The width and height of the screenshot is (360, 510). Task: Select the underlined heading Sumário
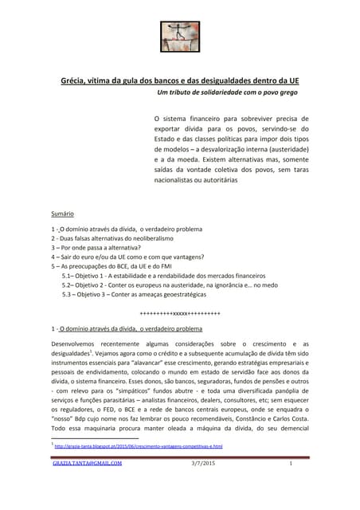[x=62, y=214]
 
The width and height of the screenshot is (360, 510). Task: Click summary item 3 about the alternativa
[x=100, y=247]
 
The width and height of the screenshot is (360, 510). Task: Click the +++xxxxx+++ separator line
[x=179, y=312]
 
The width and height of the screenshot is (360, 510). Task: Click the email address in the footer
[x=87, y=464]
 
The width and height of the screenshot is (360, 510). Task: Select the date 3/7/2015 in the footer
[x=203, y=464]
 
